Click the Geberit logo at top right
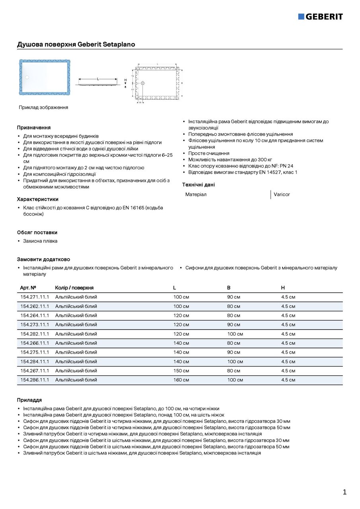pyautogui.click(x=320, y=16)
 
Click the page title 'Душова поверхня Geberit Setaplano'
pyautogui.click(x=76, y=44)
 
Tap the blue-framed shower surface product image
pyautogui.click(x=45, y=77)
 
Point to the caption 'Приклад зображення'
pyautogui.click(x=43, y=107)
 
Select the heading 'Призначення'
pyautogui.click(x=34, y=128)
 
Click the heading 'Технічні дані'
pyautogui.click(x=198, y=185)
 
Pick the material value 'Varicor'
pyautogui.click(x=282, y=194)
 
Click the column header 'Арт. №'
pyautogui.click(x=28, y=288)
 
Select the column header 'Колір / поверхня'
pyautogui.click(x=74, y=288)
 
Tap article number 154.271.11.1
pyautogui.click(x=35, y=297)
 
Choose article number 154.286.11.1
pyautogui.click(x=35, y=380)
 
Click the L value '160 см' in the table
pyautogui.click(x=181, y=380)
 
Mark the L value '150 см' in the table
pyautogui.click(x=181, y=371)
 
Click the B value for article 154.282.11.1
pyautogui.click(x=235, y=334)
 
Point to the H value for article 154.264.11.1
pyautogui.click(x=288, y=315)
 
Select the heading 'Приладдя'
pyautogui.click(x=29, y=400)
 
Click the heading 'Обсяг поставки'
pyautogui.click(x=37, y=233)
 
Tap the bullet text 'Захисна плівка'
pyautogui.click(x=40, y=241)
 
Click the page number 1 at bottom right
pyautogui.click(x=344, y=492)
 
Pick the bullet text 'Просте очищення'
pyautogui.click(x=209, y=153)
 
